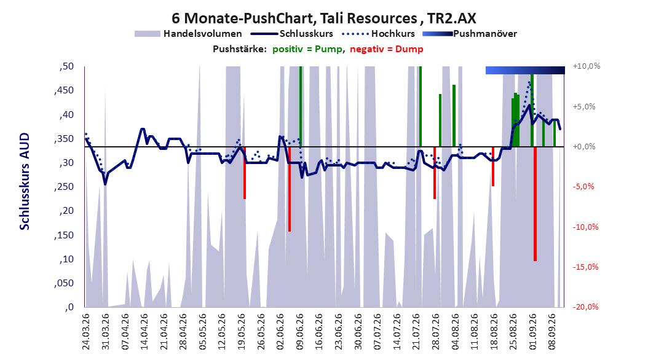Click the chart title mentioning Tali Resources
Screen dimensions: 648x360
coord(323,18)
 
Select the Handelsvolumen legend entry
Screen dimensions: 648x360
coord(188,34)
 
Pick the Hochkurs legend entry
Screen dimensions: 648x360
coord(378,34)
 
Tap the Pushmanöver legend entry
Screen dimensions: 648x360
coord(470,34)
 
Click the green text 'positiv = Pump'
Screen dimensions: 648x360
coord(307,49)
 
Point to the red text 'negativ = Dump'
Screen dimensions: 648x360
coord(387,49)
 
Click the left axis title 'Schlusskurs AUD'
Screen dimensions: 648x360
coord(25,181)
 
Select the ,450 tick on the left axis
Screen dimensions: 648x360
coord(64,90)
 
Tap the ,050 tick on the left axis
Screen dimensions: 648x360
coord(64,283)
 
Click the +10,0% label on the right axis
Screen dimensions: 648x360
coord(587,66)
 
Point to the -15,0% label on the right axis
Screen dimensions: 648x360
coord(585,267)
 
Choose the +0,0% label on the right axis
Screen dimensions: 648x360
coord(584,147)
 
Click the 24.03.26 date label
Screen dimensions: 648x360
coord(86,332)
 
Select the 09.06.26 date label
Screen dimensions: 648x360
coord(299,332)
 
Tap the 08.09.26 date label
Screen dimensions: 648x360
coord(551,332)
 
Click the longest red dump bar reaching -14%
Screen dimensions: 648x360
coord(535,203)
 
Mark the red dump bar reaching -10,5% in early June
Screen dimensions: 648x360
coord(290,189)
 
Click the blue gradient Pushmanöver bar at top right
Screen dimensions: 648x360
coord(525,70)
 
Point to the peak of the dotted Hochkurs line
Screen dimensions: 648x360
coord(529,82)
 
